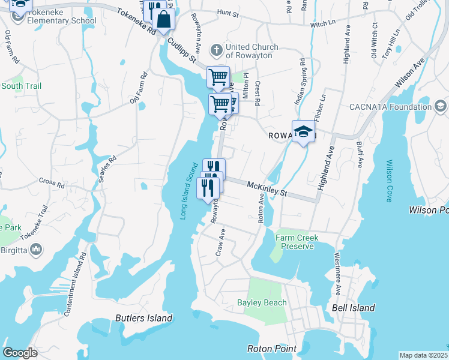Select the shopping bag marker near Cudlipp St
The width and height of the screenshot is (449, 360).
(x=163, y=19)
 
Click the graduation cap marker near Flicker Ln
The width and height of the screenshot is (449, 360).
(x=304, y=133)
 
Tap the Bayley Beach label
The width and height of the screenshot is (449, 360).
(x=262, y=302)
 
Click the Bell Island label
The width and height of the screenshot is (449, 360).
(x=354, y=308)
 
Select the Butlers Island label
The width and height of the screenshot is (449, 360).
(x=143, y=318)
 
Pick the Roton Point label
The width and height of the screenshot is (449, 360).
(x=272, y=349)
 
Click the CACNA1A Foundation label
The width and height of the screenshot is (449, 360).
(x=391, y=107)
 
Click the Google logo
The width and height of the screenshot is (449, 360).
(x=20, y=353)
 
